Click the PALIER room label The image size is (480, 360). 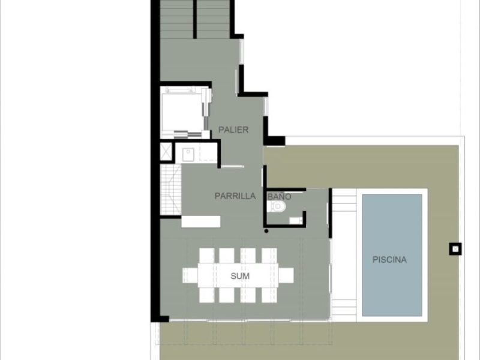[x=233, y=130]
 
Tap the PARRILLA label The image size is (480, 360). [x=235, y=196]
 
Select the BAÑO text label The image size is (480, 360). [x=279, y=196]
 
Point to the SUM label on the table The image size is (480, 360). [x=240, y=276]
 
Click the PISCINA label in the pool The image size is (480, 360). [x=389, y=260]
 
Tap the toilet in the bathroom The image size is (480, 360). [x=277, y=206]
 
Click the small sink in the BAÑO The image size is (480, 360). [x=295, y=220]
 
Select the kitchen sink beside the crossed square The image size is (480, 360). [x=187, y=155]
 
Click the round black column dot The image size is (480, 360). [x=266, y=231]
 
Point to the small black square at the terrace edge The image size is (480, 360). [x=455, y=249]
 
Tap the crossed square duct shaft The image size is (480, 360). [x=166, y=152]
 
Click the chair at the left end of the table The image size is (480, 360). [x=190, y=275]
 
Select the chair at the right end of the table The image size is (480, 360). [x=286, y=275]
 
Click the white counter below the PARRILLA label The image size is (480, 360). [x=201, y=221]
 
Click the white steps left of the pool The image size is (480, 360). [x=344, y=254]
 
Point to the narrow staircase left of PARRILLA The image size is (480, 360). [x=171, y=190]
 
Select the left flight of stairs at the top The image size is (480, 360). [x=176, y=19]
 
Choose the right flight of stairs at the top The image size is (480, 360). [x=213, y=19]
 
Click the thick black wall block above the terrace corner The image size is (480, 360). [x=274, y=140]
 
